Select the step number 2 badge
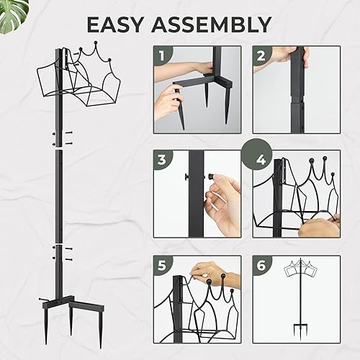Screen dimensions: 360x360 click(261, 54)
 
